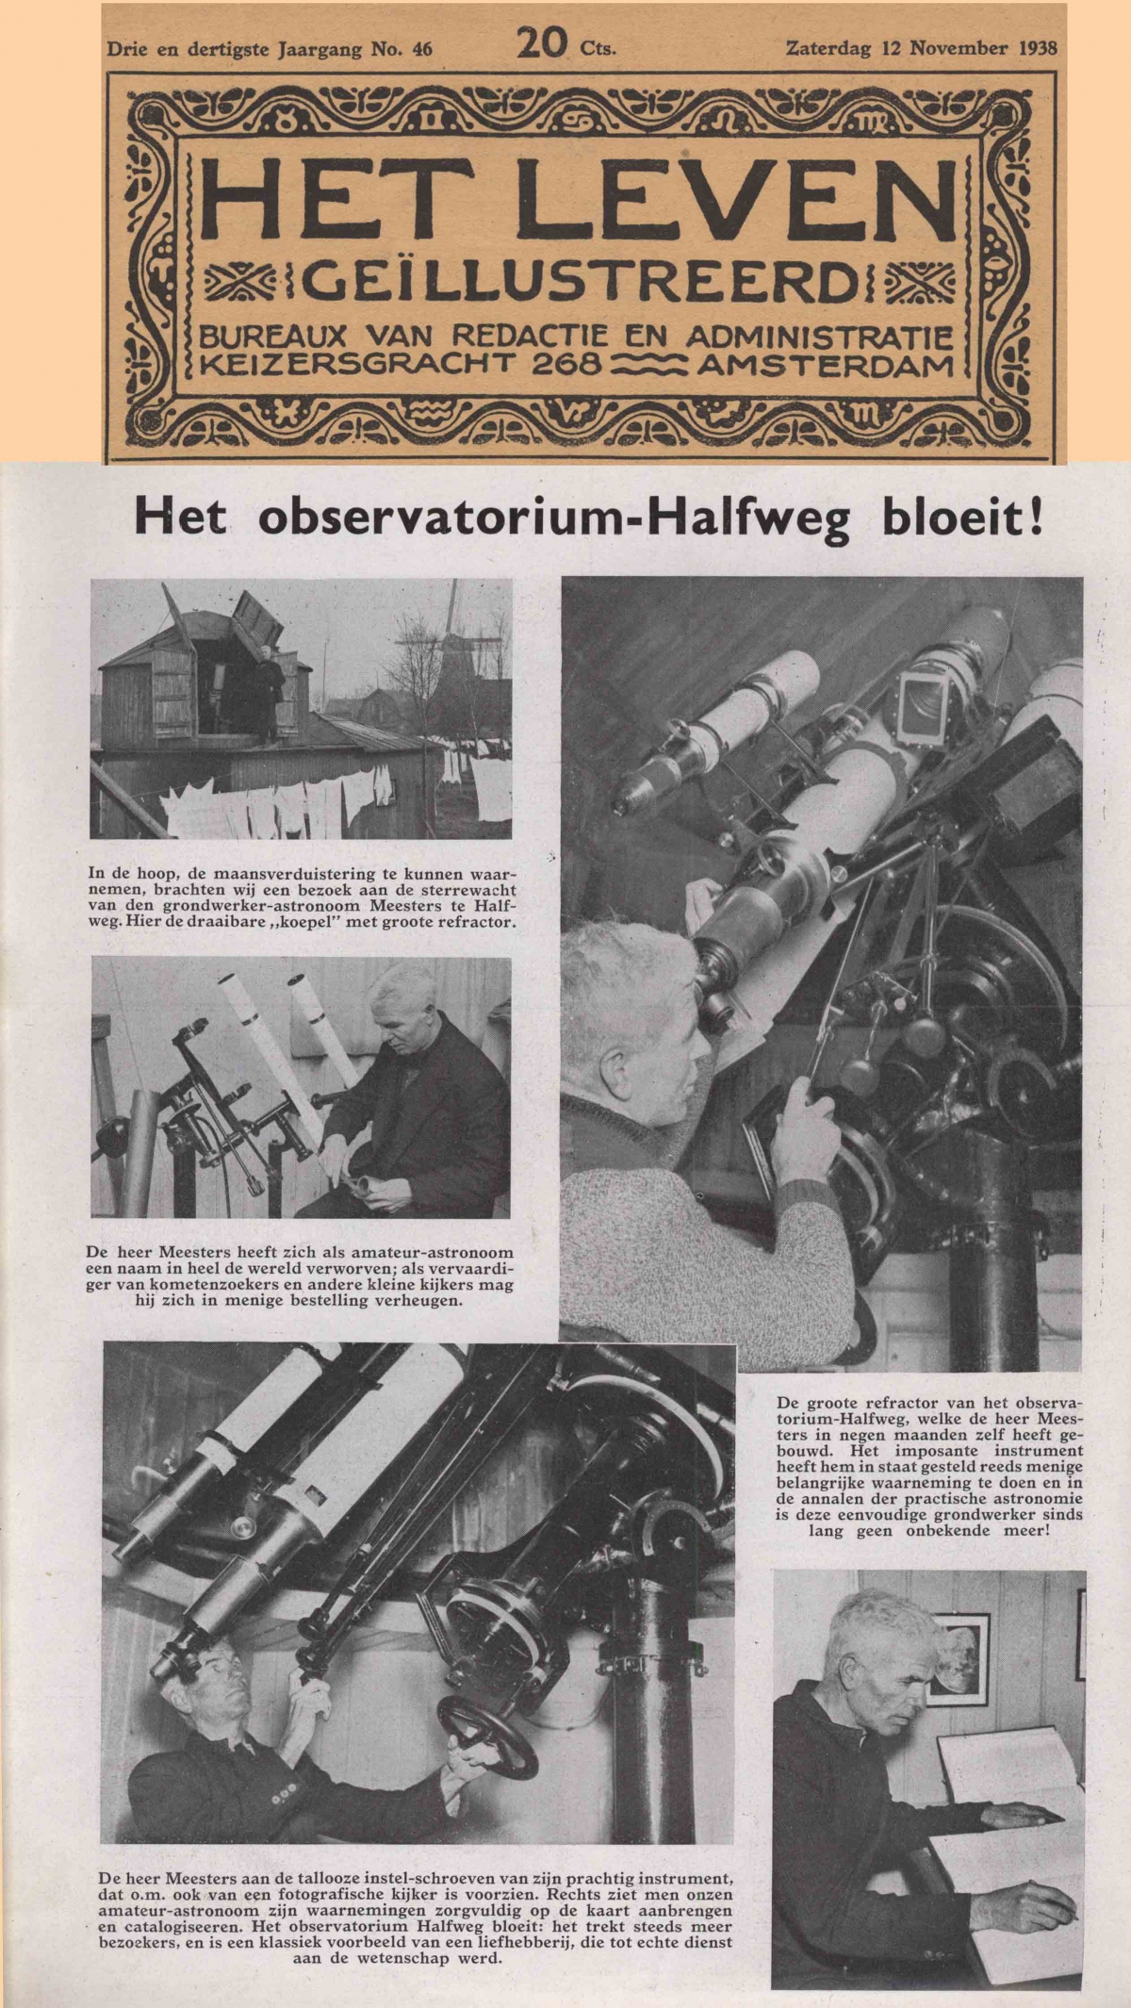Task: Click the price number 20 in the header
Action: (541, 44)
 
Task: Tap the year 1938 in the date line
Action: (1037, 47)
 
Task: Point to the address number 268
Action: (565, 363)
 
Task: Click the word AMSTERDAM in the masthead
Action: (825, 363)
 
